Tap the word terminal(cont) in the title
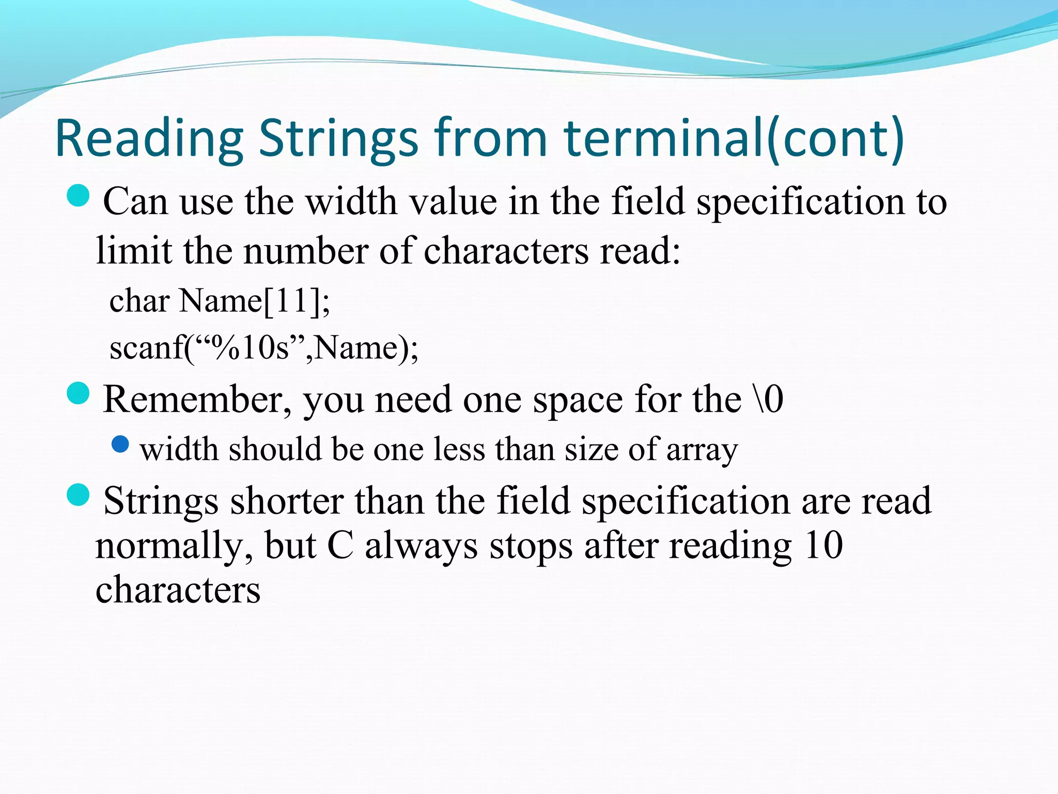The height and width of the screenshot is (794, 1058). pos(734,139)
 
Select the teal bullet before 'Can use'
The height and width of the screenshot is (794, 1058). pos(79,196)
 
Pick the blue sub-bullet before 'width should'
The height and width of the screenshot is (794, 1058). pos(120,444)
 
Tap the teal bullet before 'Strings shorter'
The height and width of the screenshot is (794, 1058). pos(79,495)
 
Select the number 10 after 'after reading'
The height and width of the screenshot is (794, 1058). pos(823,545)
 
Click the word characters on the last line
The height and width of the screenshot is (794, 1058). pos(178,590)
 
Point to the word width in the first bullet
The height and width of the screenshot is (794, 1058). pos(352,201)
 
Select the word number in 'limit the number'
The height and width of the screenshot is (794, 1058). pos(306,251)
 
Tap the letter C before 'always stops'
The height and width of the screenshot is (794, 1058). pos(340,545)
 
